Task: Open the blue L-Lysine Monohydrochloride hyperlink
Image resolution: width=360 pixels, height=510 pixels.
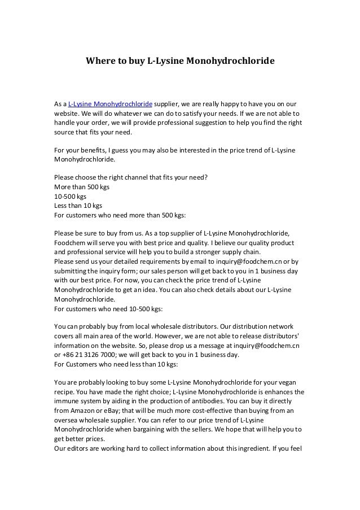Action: [111, 104]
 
